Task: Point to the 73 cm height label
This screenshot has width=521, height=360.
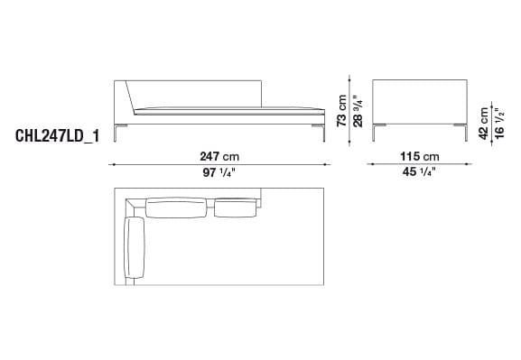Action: point(342,111)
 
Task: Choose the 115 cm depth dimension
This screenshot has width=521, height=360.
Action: point(418,155)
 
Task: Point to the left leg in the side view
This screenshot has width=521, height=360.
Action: point(382,134)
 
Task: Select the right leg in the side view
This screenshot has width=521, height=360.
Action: point(462,134)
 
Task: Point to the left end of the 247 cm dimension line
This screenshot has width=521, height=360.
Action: point(111,164)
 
